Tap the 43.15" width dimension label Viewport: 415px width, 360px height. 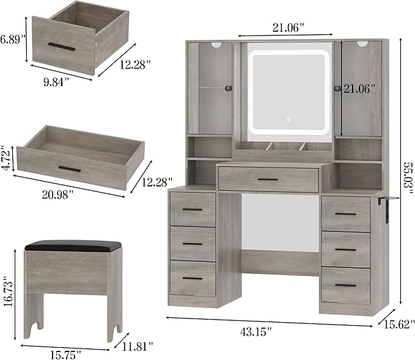click(256, 332)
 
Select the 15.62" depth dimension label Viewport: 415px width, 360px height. click(399, 325)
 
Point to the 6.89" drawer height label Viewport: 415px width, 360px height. click(12, 40)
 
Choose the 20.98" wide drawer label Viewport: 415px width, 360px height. click(57, 195)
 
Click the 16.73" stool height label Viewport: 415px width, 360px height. click(8, 291)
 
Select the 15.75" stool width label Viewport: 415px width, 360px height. click(66, 354)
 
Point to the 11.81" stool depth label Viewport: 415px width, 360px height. click(138, 346)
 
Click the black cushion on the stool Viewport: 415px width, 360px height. click(73, 245)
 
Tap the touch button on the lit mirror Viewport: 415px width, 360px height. click(288, 120)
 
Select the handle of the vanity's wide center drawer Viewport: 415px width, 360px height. click(268, 180)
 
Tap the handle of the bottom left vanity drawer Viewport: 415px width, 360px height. click(193, 279)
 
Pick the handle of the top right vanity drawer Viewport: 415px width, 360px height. click(345, 214)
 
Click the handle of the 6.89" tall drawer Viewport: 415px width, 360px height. click(62, 46)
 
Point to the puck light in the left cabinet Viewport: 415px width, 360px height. click(216, 45)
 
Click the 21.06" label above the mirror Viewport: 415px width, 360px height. click(288, 28)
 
